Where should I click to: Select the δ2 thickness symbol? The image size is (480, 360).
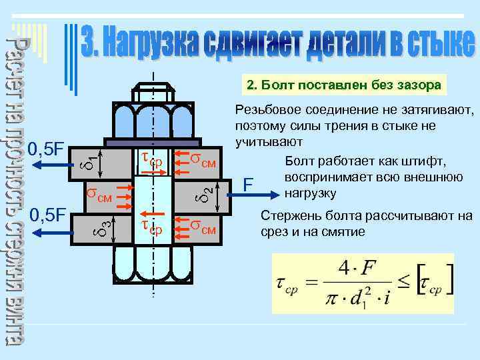pyautogui.click(x=208, y=193)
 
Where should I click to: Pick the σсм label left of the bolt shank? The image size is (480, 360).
pyautogui.click(x=99, y=195)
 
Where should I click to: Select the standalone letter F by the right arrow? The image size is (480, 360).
pyautogui.click(x=247, y=183)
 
